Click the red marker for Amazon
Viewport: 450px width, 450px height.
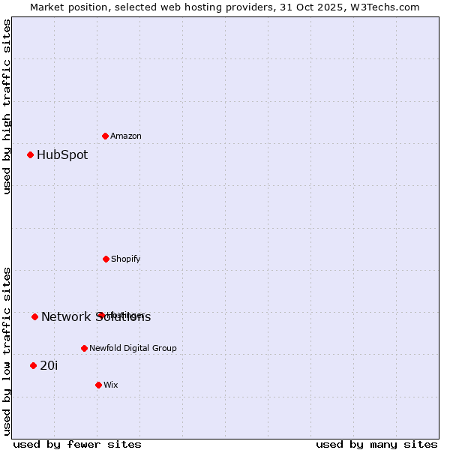click(x=105, y=136)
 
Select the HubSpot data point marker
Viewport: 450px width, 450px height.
click(x=30, y=155)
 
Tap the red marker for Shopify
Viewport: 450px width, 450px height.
click(x=106, y=259)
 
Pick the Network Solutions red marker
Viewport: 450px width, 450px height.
click(x=34, y=316)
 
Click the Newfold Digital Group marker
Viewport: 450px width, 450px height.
click(x=84, y=348)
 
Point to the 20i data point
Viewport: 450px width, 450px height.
click(x=33, y=365)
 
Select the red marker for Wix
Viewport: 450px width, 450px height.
click(x=98, y=385)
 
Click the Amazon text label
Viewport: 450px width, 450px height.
click(x=126, y=136)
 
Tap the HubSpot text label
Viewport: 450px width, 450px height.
click(x=62, y=155)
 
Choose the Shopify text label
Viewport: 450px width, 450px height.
click(x=126, y=259)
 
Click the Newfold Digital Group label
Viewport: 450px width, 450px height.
click(x=133, y=348)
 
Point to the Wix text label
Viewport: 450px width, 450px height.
click(x=111, y=385)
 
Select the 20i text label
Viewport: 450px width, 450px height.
click(x=49, y=365)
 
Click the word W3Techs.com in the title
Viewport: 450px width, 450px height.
click(x=387, y=7)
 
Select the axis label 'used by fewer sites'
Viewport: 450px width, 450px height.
click(x=77, y=444)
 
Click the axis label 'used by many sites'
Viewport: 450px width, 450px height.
click(x=376, y=444)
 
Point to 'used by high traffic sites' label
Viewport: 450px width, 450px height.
click(x=7, y=106)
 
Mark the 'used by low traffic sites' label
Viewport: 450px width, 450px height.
click(x=7, y=351)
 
